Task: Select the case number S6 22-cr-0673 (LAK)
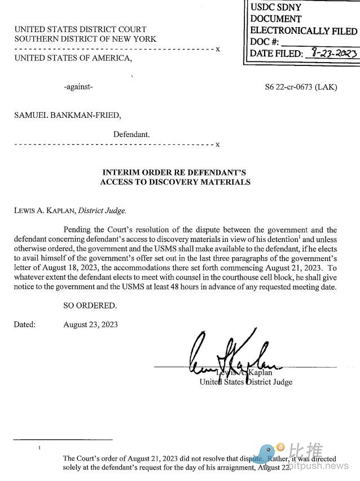pos(301,87)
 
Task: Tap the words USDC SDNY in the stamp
pos(275,8)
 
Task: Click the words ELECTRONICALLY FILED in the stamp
pos(303,31)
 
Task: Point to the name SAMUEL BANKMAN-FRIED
pos(67,116)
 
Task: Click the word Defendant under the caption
pos(131,135)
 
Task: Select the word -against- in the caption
pos(78,87)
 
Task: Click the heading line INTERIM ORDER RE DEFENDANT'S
pos(174,172)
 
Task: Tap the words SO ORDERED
pos(90,306)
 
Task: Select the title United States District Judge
pos(246,382)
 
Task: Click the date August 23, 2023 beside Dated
pos(91,325)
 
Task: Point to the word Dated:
pos(25,325)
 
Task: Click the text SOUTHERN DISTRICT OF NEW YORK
pos(85,39)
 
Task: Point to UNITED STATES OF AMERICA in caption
pos(73,58)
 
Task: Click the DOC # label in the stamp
pos(265,42)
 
